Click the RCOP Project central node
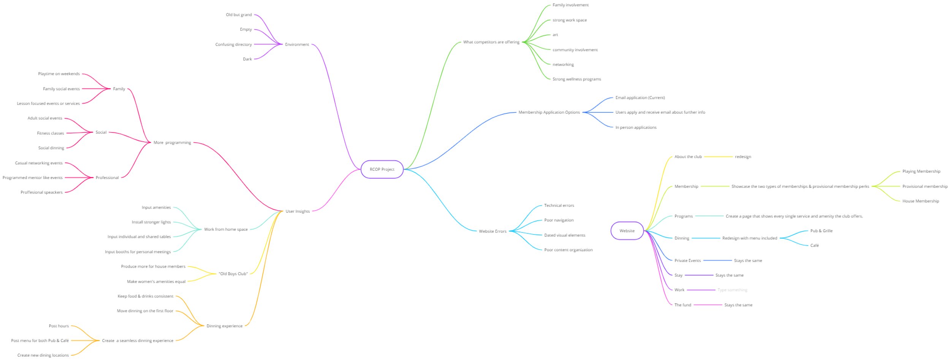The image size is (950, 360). (382, 170)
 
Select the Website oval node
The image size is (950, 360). (627, 231)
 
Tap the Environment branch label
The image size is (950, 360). (297, 44)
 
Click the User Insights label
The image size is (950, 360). (298, 211)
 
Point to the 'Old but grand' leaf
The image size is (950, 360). (239, 15)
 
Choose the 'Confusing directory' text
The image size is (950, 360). (233, 44)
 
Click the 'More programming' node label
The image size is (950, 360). (172, 143)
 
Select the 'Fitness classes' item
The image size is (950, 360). (51, 133)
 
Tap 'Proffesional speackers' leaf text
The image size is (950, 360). (41, 192)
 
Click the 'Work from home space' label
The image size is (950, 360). (226, 229)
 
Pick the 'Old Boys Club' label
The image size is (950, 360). (233, 274)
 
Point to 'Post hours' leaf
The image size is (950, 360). (59, 326)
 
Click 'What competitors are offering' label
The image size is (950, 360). (491, 42)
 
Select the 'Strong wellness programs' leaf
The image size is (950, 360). (576, 79)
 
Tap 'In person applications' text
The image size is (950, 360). (636, 127)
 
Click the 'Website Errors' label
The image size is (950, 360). (492, 231)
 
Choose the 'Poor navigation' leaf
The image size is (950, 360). (559, 220)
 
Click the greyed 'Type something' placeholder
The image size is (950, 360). (732, 290)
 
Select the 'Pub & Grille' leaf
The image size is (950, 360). (821, 231)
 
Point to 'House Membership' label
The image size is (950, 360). (920, 201)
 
